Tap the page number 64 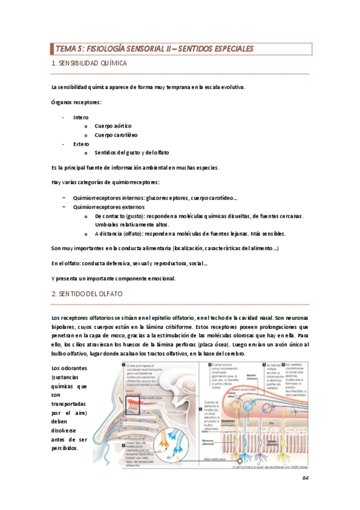pyautogui.click(x=305, y=478)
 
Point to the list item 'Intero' pyautogui.click(x=81, y=117)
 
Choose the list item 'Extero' pyautogui.click(x=81, y=144)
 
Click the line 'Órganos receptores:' pyautogui.click(x=76, y=102)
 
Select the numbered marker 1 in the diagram pyautogui.click(x=123, y=365)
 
